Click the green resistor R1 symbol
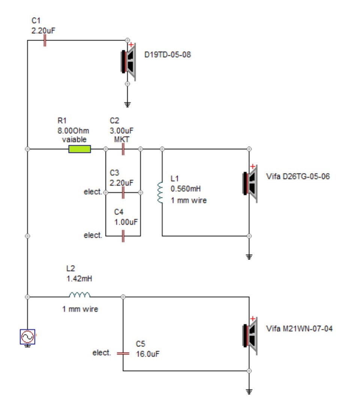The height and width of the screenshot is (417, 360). [79, 149]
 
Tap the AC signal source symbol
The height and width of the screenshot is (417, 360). [27, 337]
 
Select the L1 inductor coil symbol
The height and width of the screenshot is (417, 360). [160, 193]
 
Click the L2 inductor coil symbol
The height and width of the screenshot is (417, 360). [79, 295]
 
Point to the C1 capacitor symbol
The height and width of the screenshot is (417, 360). [45, 41]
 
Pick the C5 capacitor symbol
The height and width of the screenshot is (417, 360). [123, 354]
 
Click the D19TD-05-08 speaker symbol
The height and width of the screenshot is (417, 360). [128, 62]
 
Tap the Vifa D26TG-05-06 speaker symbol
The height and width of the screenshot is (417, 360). [250, 184]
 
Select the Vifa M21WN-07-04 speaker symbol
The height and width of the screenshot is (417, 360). [250, 336]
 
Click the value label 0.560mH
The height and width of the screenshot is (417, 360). [186, 189]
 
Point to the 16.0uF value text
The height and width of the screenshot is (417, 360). [148, 354]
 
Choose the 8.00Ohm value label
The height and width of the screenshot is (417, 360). [73, 131]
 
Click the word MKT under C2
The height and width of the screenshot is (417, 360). [121, 139]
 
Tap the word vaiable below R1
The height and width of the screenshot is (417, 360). [74, 139]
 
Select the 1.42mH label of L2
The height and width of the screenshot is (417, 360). [79, 279]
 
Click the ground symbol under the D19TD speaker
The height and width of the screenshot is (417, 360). [127, 104]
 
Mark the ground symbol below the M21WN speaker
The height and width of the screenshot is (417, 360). [249, 391]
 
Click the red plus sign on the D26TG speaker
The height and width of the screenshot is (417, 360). [253, 167]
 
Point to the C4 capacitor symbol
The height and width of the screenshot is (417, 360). [123, 236]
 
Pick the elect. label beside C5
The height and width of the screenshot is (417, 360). [102, 353]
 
